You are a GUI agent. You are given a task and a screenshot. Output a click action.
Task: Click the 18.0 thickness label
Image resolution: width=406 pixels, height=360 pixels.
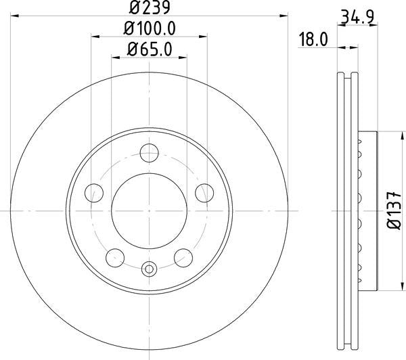click(x=313, y=39)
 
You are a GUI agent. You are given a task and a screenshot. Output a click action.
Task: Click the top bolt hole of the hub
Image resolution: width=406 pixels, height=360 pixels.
click(x=148, y=154)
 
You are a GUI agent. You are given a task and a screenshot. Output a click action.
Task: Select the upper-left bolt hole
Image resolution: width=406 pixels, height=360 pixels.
click(x=94, y=194)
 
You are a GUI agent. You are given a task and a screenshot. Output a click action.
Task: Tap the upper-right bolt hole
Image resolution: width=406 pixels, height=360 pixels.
click(x=202, y=194)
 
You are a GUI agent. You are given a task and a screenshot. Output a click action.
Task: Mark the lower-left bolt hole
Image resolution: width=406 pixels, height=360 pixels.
click(x=115, y=257)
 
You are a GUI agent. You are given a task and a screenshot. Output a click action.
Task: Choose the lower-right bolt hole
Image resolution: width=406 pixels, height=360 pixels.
click(x=181, y=257)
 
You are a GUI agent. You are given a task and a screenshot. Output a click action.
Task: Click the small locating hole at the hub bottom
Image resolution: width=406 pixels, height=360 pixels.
click(x=148, y=269)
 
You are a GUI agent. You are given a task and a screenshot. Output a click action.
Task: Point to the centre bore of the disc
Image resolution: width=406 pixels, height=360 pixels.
click(x=148, y=210)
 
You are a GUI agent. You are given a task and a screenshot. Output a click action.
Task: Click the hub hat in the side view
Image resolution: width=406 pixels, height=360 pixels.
click(x=366, y=210)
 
